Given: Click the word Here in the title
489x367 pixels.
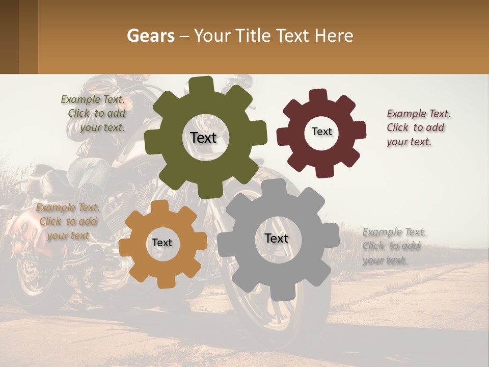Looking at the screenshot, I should point(334,36).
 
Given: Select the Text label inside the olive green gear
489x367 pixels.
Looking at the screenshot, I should point(203,138).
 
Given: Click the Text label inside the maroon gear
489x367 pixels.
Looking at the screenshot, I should point(321,132).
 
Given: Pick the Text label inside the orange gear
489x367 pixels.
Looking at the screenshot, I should point(162,243).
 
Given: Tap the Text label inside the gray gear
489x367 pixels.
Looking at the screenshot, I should point(276,238).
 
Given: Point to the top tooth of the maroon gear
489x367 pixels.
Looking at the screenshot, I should point(318,96).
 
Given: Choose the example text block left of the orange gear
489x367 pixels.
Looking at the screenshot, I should point(68,221).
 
